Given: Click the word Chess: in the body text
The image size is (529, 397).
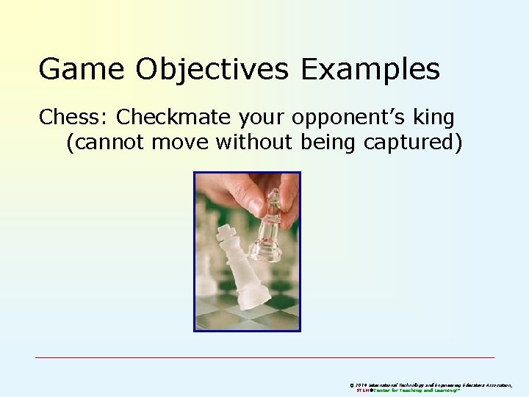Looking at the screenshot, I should click(73, 117).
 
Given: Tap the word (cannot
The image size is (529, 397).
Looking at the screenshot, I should click(107, 143).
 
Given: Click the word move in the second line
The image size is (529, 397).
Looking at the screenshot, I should click(183, 143).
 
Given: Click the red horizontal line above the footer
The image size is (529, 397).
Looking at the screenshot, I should click(264, 357).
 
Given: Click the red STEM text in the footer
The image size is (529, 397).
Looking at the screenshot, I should click(363, 390).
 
